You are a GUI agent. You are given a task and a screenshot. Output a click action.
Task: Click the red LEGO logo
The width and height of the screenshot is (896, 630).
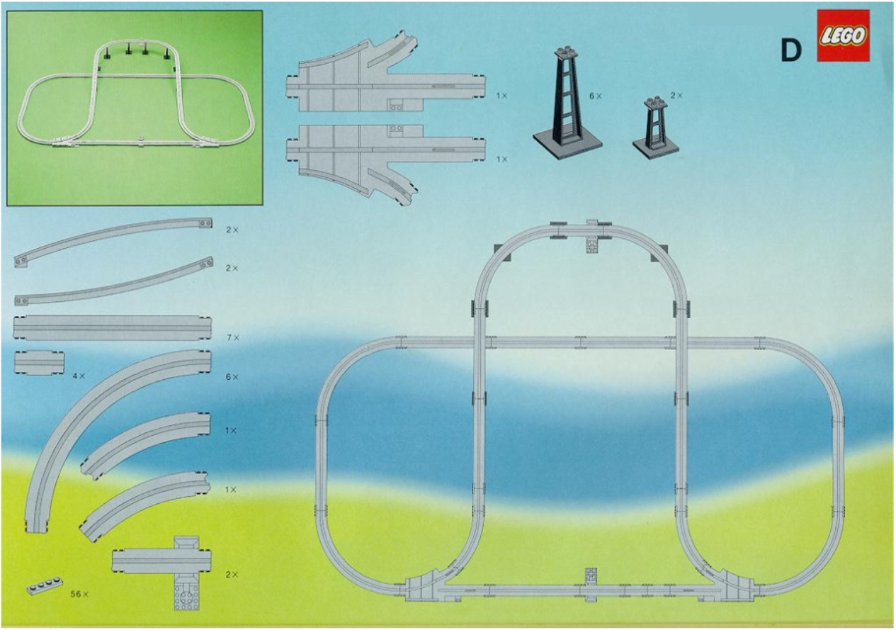843,35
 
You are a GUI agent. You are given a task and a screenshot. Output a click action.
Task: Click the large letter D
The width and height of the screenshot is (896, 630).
791,50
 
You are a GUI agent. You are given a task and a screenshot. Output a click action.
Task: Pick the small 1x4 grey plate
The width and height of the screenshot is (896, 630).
45,585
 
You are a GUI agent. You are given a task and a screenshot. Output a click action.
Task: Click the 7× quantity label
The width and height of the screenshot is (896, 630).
232,337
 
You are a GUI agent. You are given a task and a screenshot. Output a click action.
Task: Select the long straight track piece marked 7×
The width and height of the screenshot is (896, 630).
112,328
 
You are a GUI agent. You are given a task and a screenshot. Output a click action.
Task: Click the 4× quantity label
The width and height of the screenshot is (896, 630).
79,376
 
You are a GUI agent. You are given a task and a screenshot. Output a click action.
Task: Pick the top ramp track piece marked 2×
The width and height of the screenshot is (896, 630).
113,241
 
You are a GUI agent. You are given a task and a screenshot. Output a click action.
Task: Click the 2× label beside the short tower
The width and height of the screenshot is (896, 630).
676,95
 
